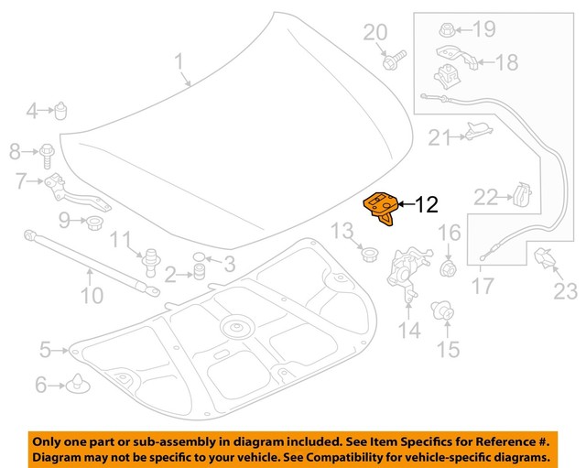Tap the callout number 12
[x=427, y=204]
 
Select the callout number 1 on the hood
[x=179, y=61]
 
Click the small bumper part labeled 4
[x=60, y=110]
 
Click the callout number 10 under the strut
[x=92, y=295]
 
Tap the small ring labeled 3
[x=199, y=257]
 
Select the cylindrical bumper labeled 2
[x=200, y=271]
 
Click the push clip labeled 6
[x=78, y=384]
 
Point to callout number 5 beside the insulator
[x=45, y=350]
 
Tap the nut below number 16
[x=449, y=267]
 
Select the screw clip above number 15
[x=443, y=311]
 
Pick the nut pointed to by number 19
[x=446, y=29]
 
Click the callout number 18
[x=507, y=62]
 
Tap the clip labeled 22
[x=523, y=194]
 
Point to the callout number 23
[x=566, y=291]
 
